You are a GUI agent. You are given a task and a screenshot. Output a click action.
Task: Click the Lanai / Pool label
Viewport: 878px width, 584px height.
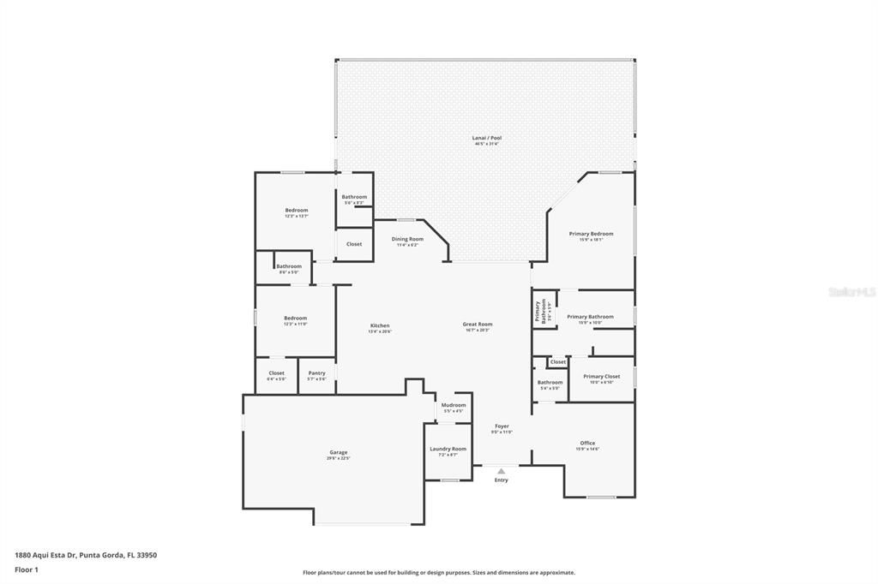coord(486,138)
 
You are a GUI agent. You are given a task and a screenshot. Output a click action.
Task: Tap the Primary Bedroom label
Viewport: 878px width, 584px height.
coord(591,234)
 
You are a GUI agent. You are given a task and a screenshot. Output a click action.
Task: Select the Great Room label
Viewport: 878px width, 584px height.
coord(478,325)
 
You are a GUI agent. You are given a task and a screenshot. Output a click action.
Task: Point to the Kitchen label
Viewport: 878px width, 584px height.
coord(380,325)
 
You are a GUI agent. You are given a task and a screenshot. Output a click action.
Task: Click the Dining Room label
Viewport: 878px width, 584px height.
coord(407,239)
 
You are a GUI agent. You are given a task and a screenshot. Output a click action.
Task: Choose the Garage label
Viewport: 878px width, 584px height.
coord(339,452)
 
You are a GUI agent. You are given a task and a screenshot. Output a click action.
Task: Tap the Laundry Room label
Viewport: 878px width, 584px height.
coord(448,449)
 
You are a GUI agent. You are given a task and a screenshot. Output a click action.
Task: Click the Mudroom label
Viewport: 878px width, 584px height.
coord(454,405)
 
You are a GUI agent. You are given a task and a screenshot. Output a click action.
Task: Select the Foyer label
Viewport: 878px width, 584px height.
coord(502,426)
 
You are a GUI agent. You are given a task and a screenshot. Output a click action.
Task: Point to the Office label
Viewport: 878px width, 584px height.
coord(587,444)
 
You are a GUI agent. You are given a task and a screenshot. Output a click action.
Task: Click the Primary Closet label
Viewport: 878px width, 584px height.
coord(601,376)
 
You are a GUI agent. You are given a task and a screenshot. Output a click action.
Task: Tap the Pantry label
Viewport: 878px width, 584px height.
coord(316,373)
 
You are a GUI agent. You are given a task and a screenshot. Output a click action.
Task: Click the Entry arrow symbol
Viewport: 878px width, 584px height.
coord(502,470)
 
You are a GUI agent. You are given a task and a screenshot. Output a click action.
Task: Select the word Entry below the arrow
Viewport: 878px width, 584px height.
coord(502,480)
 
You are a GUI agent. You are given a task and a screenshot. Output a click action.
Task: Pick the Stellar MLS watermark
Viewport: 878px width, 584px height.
coord(851,292)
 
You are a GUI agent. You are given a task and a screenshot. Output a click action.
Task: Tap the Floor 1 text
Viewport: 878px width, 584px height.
coord(27,569)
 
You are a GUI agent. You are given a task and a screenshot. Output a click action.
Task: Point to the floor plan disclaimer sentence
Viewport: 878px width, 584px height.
coord(439,573)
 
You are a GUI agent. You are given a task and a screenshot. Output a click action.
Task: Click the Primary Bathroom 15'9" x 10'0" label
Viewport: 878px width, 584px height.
coord(590,317)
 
